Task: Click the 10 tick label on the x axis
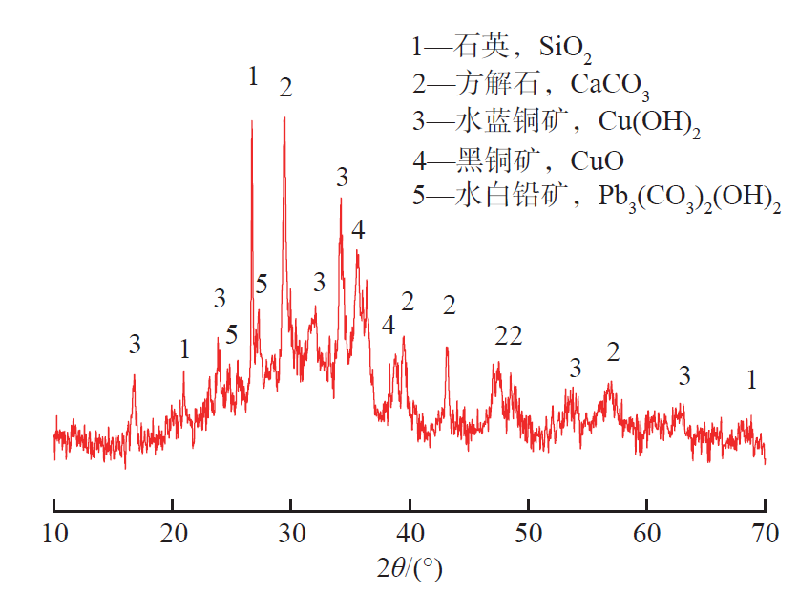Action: (54, 531)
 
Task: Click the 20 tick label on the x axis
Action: (173, 531)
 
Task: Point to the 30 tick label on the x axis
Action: (291, 531)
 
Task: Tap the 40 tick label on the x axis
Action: (410, 531)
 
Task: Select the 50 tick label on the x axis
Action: (528, 531)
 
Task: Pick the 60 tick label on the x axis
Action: (646, 531)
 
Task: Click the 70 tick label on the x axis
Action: (765, 531)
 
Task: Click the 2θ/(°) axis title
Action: (410, 569)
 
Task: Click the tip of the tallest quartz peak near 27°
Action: (252, 120)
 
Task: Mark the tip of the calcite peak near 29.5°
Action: (284, 117)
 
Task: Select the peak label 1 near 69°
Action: (752, 380)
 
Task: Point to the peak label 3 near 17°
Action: (135, 345)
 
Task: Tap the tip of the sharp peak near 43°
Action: (447, 348)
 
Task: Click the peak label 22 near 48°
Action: (509, 335)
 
